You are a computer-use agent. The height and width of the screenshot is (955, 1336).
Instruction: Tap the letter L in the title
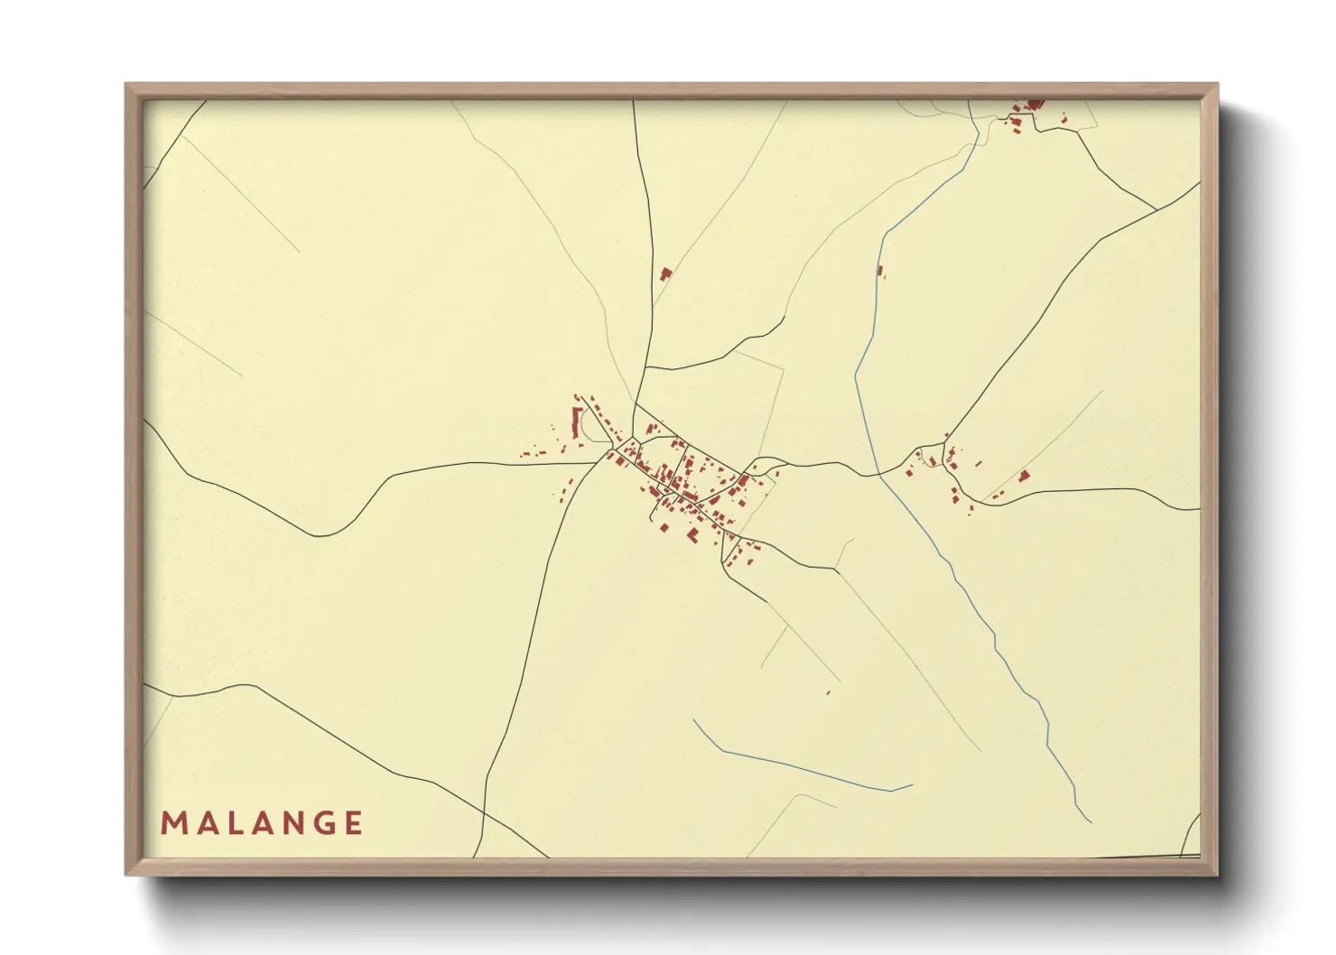tap(230, 823)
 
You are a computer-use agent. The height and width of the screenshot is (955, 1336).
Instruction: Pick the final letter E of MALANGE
tap(354, 823)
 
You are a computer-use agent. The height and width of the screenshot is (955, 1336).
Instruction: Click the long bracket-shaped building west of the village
tap(577, 423)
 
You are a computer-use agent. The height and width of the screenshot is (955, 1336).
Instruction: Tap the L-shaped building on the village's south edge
tap(693, 535)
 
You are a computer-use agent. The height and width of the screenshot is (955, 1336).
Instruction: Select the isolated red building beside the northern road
tap(666, 273)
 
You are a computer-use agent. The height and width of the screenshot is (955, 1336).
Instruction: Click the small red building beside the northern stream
tap(880, 269)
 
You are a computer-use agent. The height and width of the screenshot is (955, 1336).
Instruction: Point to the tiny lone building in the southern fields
tap(828, 692)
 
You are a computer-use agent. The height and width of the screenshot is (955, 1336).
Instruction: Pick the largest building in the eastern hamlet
tap(1024, 476)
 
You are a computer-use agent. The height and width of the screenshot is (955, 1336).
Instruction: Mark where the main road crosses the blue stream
tap(878, 473)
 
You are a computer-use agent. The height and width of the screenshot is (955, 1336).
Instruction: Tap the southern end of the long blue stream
tap(1090, 821)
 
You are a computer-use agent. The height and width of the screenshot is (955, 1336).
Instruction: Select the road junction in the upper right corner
tap(1157, 209)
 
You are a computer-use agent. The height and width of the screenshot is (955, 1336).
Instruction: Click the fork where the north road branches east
tap(645, 367)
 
